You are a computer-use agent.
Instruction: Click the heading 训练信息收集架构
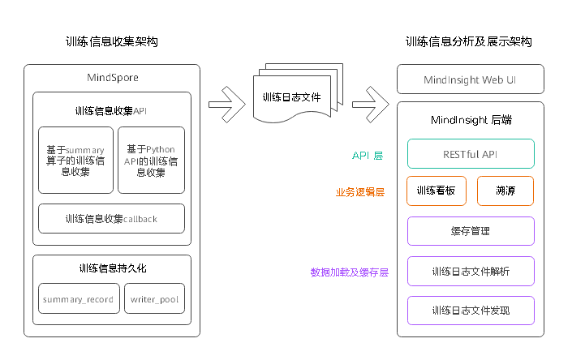point(112,42)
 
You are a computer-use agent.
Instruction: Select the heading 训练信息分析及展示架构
point(469,42)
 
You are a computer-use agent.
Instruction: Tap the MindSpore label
point(112,78)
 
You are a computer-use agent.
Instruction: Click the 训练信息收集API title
point(111,110)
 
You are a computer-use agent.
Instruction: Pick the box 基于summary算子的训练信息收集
point(75,161)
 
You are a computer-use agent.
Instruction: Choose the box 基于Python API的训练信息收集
point(151,161)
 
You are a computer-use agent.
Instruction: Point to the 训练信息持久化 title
point(112,268)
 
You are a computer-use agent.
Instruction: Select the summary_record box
point(78,299)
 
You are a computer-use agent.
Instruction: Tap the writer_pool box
point(155,299)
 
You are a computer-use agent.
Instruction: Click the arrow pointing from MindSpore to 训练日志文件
point(226,103)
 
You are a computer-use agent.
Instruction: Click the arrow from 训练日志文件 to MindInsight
point(370,103)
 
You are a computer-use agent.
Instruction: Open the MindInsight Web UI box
point(470,80)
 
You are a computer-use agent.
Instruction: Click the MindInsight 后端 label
point(470,120)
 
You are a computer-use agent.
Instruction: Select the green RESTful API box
point(470,154)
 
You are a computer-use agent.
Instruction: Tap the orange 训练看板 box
point(436,191)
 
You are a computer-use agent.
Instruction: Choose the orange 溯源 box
point(505,191)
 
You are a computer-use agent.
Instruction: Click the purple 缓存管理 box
point(470,231)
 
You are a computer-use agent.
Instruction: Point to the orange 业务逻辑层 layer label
point(360,192)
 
